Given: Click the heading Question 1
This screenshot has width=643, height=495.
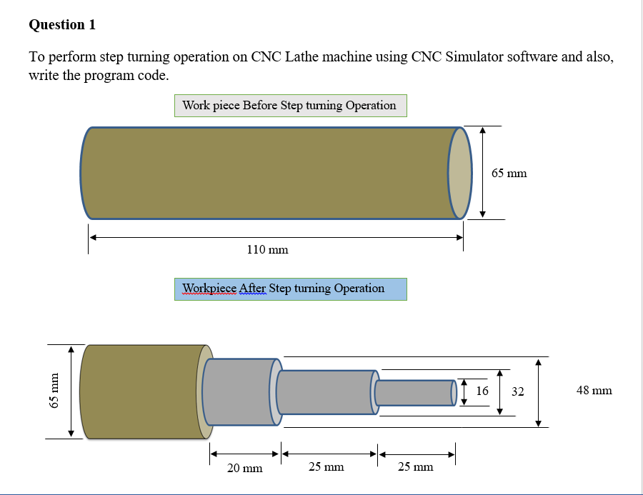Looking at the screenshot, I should (62, 25).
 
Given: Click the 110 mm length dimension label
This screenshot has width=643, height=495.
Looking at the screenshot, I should (267, 250).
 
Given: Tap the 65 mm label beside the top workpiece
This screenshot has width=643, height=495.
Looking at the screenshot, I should (509, 174).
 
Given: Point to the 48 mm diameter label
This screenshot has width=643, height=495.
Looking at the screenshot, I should (594, 391).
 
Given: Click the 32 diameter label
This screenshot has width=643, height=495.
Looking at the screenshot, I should (518, 391).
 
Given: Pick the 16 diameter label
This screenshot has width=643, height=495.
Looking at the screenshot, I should (482, 391).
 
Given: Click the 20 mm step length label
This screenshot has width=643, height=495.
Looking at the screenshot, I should (244, 469).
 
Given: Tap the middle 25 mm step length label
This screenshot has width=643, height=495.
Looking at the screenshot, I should (326, 467).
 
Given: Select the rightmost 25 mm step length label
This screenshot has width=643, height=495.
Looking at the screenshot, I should (415, 467).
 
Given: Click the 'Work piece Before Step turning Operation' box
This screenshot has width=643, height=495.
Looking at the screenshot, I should (290, 106).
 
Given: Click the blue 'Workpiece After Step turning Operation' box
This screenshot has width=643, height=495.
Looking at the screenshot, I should (290, 289).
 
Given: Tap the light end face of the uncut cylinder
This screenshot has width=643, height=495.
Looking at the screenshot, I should (460, 173).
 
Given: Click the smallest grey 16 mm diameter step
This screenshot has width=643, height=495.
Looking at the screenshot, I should (414, 392).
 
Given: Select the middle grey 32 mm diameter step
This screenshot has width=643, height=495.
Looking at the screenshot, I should (325, 392).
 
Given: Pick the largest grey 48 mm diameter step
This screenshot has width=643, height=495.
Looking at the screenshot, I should (239, 392).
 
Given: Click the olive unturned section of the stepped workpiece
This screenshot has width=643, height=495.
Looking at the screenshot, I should (139, 391).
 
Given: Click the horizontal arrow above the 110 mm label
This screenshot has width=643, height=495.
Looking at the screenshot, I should (276, 238).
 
